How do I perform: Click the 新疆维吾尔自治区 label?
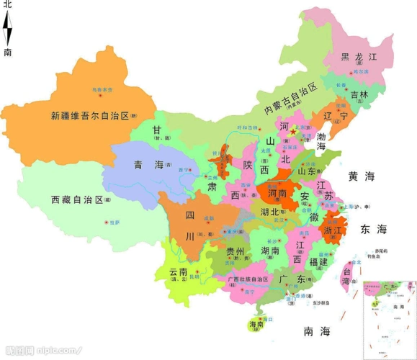coord(89,115)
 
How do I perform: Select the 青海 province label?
coord(148,165)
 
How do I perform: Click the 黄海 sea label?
coord(362,176)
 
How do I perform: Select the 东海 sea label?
coord(373,230)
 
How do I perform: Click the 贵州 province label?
coord(234,251)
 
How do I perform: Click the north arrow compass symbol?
coord(8,29)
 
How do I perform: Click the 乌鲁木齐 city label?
coord(103,90)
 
